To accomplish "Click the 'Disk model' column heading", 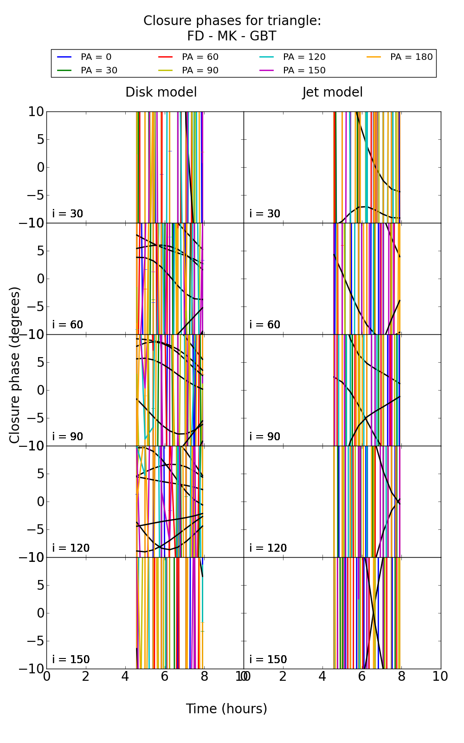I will pyautogui.click(x=161, y=92).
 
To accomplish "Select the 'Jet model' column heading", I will pyautogui.click(x=332, y=92).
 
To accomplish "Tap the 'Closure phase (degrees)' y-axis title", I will pyautogui.click(x=15, y=365).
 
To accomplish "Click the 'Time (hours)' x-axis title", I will pyautogui.click(x=226, y=709).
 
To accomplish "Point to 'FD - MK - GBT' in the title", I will pyautogui.click(x=232, y=36).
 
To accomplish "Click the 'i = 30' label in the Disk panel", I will pyautogui.click(x=68, y=214).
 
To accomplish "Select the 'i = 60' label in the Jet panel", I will pyautogui.click(x=265, y=325).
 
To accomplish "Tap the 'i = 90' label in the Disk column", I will pyautogui.click(x=68, y=437).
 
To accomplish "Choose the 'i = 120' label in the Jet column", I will pyautogui.click(x=268, y=548).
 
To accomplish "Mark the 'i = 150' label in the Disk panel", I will pyautogui.click(x=71, y=659).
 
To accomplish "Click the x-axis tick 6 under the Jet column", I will pyautogui.click(x=362, y=677).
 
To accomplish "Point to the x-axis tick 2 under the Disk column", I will pyautogui.click(x=86, y=677).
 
